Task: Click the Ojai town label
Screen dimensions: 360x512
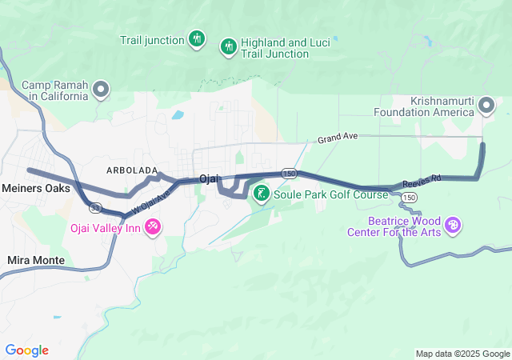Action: point(209,178)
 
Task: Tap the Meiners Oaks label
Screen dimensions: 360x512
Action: point(36,189)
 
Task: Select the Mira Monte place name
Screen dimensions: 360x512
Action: point(35,260)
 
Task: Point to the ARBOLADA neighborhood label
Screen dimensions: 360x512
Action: point(131,170)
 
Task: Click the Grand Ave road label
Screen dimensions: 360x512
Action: point(336,138)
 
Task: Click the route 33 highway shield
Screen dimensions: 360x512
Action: point(96,208)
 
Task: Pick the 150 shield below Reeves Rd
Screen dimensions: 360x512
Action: point(409,197)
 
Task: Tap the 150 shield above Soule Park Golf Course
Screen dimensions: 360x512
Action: point(289,173)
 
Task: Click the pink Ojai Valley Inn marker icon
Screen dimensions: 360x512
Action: point(153,227)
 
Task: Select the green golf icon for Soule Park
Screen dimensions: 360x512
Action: point(262,193)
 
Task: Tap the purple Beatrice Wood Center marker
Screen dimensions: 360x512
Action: point(453,226)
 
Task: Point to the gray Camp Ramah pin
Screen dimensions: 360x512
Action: point(101,90)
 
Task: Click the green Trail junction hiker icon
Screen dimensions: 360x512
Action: point(197,38)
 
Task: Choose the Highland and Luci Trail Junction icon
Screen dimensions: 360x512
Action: point(228,46)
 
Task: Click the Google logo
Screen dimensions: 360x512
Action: point(26,350)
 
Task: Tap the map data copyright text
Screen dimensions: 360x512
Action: point(462,354)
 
